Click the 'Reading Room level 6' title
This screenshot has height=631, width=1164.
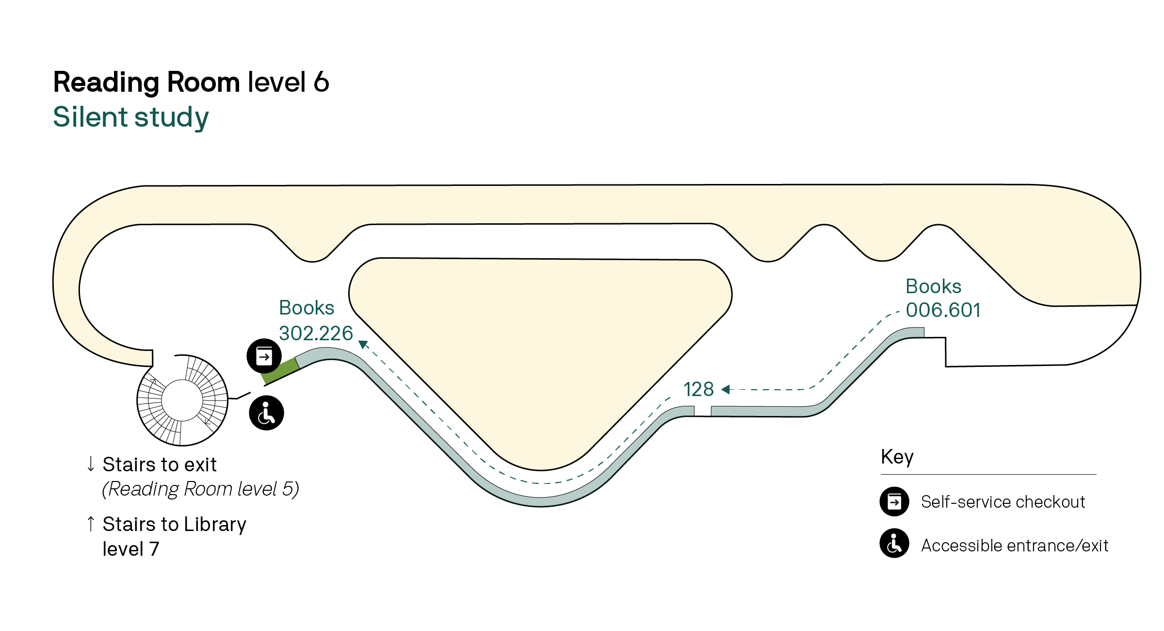[x=191, y=82]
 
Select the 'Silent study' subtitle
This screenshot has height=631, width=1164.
[x=131, y=117]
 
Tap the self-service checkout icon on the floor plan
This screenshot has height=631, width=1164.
[x=264, y=356]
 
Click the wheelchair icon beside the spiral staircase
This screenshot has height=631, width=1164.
[x=266, y=413]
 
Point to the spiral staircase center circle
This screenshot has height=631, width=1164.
[x=182, y=400]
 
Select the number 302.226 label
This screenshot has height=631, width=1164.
[x=316, y=333]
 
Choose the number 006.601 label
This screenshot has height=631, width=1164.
[x=943, y=310]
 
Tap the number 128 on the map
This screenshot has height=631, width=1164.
[x=698, y=389]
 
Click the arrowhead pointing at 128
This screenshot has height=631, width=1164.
[x=726, y=389]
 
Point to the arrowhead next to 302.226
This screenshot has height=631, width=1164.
[x=363, y=344]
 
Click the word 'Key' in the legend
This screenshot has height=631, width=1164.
[x=897, y=457]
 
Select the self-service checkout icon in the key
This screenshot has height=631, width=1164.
[x=894, y=501]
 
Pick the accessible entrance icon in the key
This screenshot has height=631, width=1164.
[x=894, y=544]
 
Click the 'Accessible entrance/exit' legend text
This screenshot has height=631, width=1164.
[x=1015, y=546]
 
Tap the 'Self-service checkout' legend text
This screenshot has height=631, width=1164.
[x=1003, y=502]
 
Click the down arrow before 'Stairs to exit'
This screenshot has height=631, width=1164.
[x=91, y=464]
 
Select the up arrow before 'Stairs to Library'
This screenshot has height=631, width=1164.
[x=91, y=524]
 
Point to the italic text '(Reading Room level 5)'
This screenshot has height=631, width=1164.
[x=200, y=489]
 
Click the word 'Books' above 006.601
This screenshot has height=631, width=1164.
[x=933, y=286]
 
